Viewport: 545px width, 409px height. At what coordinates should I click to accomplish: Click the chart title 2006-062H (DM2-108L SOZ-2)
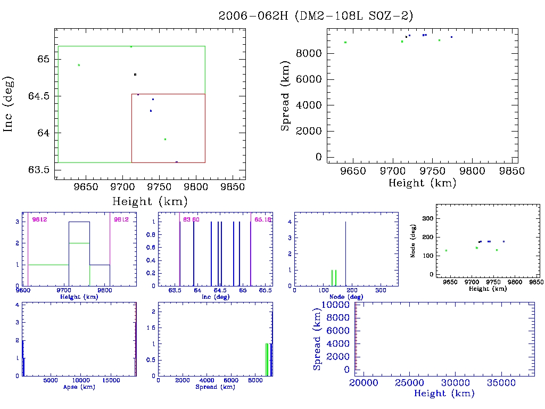(316, 15)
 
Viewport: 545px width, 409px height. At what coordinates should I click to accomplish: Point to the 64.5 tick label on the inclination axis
(40, 96)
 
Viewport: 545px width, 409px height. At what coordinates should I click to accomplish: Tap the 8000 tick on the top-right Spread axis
(310, 53)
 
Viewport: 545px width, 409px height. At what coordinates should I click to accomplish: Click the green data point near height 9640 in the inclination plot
(79, 65)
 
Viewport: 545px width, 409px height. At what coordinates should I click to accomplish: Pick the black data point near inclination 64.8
(135, 75)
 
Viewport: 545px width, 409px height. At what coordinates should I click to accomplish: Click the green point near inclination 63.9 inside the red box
(165, 139)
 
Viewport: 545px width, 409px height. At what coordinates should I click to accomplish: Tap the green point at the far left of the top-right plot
(345, 42)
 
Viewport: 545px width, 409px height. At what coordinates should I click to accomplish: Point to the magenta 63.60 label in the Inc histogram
(191, 219)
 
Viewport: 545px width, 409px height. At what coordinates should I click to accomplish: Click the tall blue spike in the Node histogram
(345, 253)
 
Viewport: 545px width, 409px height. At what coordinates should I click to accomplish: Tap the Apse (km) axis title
(79, 387)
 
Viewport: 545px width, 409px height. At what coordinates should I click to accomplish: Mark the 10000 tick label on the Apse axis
(80, 381)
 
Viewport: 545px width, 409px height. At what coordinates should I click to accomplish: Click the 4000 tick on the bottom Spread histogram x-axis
(206, 381)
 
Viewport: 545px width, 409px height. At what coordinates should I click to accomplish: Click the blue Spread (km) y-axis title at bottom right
(317, 339)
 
